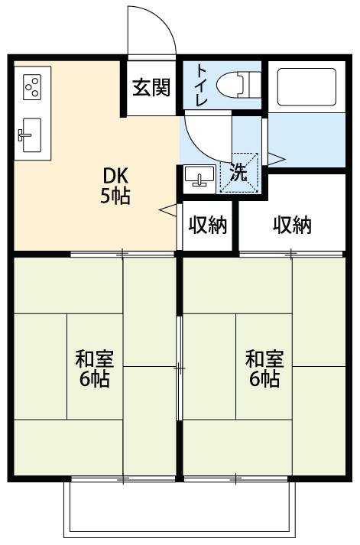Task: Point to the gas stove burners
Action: point(33,88)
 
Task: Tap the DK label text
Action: point(115,174)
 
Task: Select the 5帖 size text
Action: point(115,196)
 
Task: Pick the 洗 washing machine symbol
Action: point(239,171)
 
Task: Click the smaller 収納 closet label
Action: point(208,225)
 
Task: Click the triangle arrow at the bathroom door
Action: point(276,158)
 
